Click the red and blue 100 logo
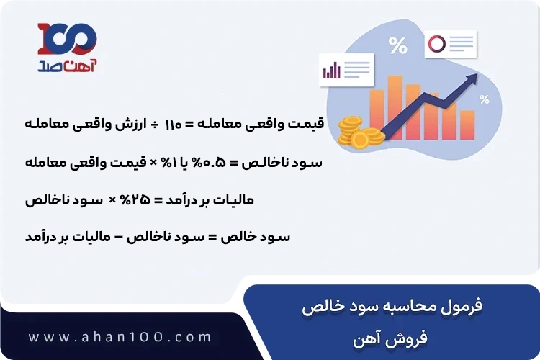pyautogui.click(x=67, y=37)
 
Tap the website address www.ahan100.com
pyautogui.click(x=121, y=337)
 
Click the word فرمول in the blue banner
pyautogui.click(x=461, y=305)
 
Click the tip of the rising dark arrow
pyautogui.click(x=478, y=77)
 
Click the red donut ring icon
pyautogui.click(x=437, y=44)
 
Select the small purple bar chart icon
pyautogui.click(x=332, y=70)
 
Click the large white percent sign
pyautogui.click(x=397, y=46)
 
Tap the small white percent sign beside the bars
pyautogui.click(x=485, y=100)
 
